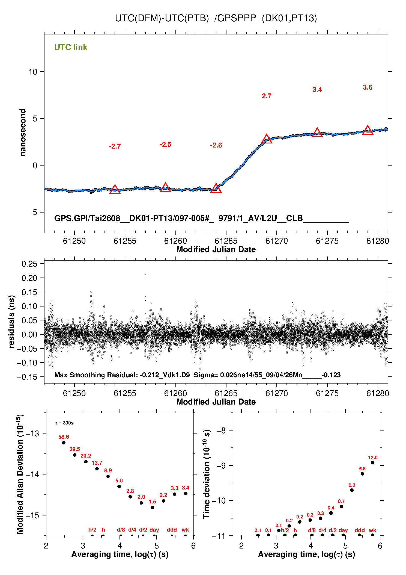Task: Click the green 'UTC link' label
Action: [71, 47]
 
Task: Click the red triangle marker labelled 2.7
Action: [267, 139]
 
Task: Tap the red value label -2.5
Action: [165, 145]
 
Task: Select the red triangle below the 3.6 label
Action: [368, 130]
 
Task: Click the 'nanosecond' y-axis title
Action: [23, 132]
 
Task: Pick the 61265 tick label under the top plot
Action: [226, 241]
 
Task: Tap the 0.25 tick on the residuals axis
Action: [29, 264]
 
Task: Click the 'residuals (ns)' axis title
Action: [11, 322]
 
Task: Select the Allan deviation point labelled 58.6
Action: [64, 443]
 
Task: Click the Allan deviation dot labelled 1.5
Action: [152, 508]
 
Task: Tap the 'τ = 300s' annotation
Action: [64, 423]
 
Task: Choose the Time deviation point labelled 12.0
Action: [373, 463]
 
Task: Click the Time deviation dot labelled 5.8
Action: [362, 474]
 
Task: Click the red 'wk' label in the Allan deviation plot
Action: [185, 530]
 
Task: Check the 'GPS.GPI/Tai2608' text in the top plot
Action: [87, 218]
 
